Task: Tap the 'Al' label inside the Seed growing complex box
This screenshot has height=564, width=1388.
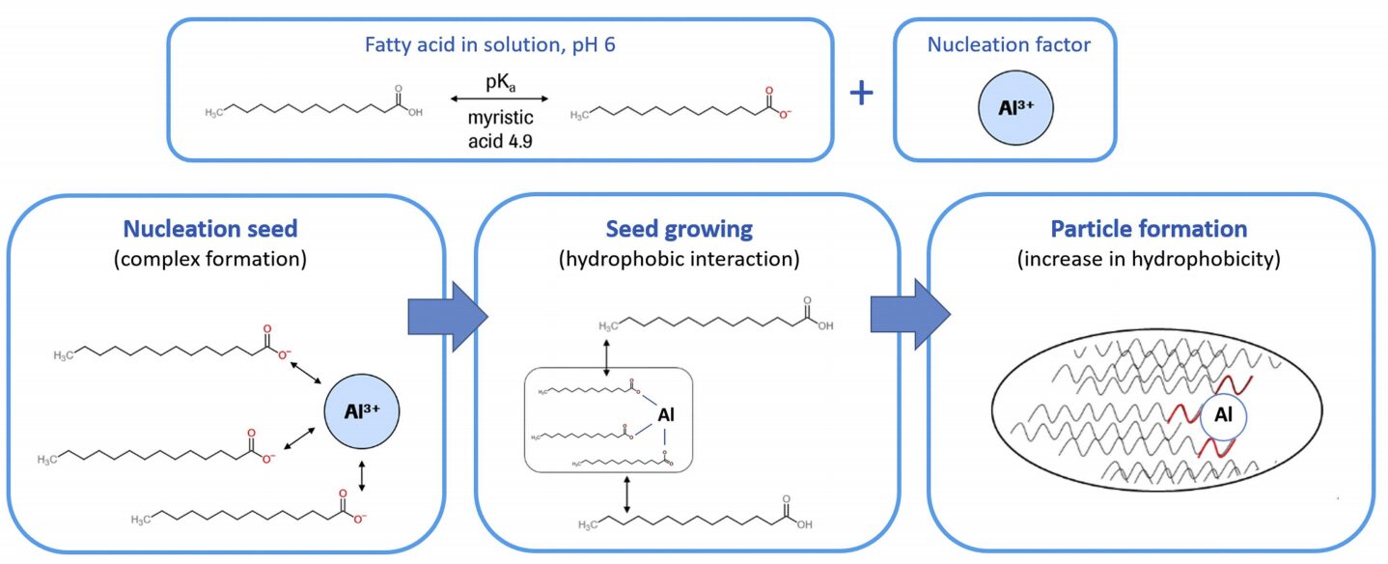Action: pyautogui.click(x=665, y=415)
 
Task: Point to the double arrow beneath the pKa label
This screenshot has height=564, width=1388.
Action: pyautogui.click(x=499, y=99)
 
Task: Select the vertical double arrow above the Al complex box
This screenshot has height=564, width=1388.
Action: pyautogui.click(x=606, y=356)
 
